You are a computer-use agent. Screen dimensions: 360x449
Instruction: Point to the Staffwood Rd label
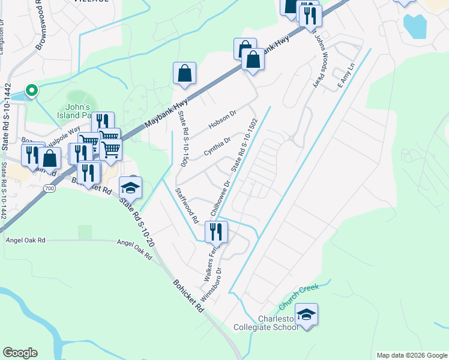(x=186, y=206)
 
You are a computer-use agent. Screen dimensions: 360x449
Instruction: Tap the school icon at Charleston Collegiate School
(x=307, y=315)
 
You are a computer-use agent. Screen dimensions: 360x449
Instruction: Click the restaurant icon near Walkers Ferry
(x=216, y=232)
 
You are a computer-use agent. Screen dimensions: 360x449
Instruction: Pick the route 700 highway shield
(x=49, y=188)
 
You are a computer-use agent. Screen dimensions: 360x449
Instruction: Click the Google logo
(x=20, y=353)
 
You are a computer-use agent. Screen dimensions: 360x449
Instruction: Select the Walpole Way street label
(x=66, y=133)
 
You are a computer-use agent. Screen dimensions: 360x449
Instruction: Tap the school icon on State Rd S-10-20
(x=130, y=188)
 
